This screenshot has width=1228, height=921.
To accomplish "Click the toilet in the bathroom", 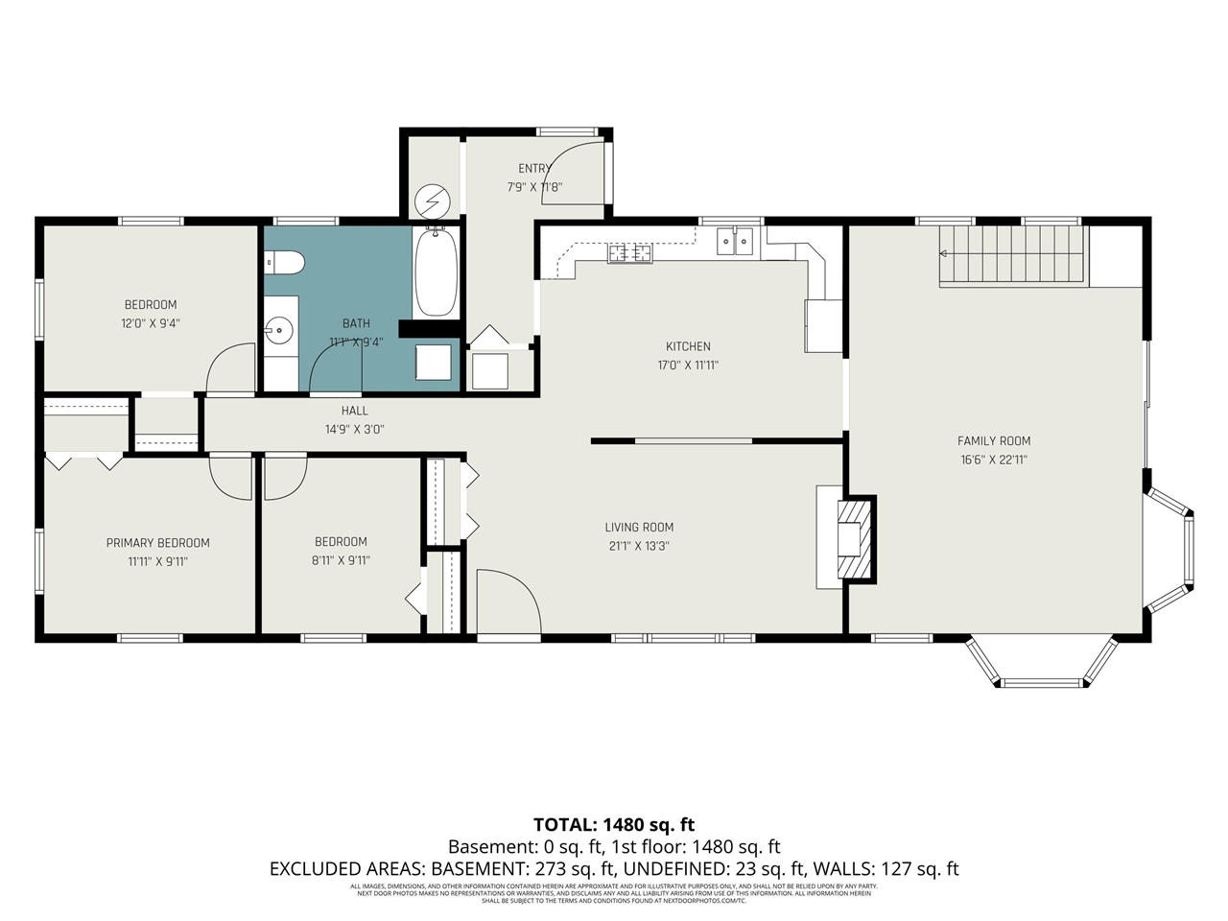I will click(284, 261).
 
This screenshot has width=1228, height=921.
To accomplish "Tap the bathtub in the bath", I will click(436, 272).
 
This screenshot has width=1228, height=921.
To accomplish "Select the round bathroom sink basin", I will click(279, 331).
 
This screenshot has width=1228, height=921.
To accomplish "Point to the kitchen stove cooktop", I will click(629, 253).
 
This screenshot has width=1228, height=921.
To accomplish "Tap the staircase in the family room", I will click(1012, 254).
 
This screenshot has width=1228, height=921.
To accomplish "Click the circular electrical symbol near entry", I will click(432, 202).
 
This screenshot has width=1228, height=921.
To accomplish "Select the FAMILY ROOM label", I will click(994, 441).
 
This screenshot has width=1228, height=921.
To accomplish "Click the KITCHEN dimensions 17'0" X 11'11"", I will click(688, 366).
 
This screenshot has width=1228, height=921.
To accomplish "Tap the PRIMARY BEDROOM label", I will click(157, 543).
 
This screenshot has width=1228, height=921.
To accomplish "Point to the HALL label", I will click(354, 411).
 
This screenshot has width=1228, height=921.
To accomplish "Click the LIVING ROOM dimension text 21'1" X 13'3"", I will click(638, 546).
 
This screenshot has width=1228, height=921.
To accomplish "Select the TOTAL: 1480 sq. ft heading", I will click(614, 824).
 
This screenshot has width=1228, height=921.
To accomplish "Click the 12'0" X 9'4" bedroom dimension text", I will click(151, 324).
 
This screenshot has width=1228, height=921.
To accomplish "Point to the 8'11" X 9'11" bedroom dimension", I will click(341, 560).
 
